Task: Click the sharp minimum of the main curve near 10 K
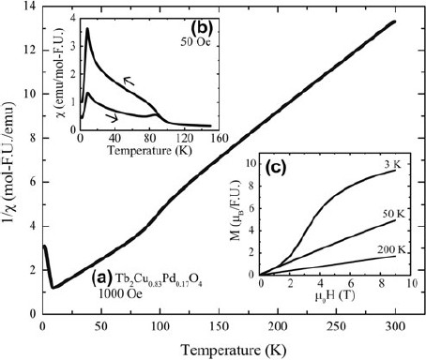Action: click(x=53, y=287)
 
